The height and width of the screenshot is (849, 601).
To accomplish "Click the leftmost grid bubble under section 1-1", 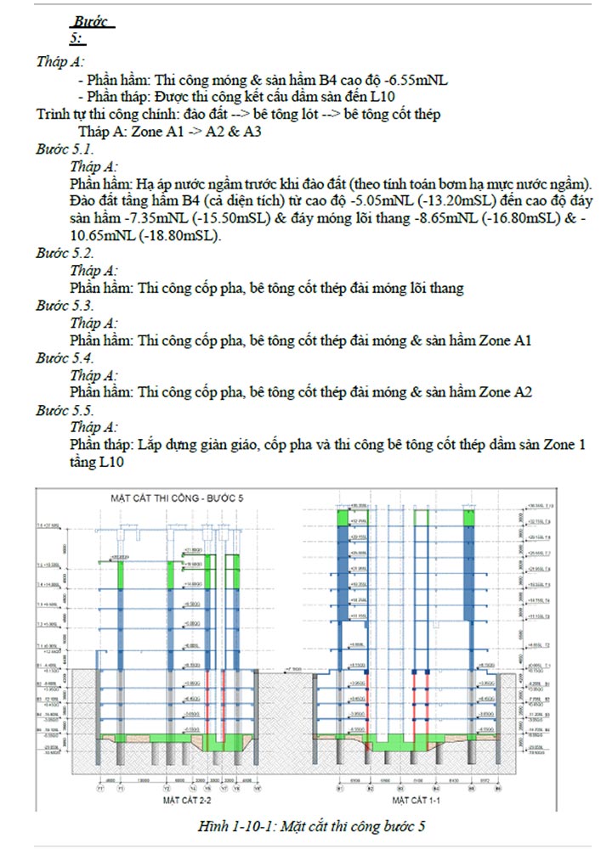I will [340, 787].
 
